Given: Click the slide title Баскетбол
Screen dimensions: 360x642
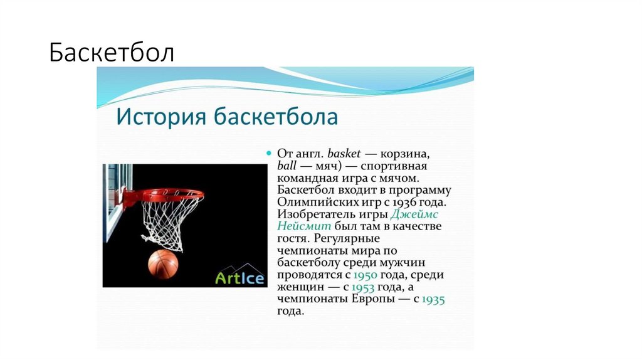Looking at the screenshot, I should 112,53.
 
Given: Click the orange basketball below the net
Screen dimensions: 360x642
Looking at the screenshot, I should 163,264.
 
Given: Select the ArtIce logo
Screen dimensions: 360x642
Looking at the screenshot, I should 239,277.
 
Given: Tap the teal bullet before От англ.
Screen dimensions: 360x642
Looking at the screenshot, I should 268,153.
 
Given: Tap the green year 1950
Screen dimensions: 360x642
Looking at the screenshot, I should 366,275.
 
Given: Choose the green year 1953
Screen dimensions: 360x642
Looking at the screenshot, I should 364,287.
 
